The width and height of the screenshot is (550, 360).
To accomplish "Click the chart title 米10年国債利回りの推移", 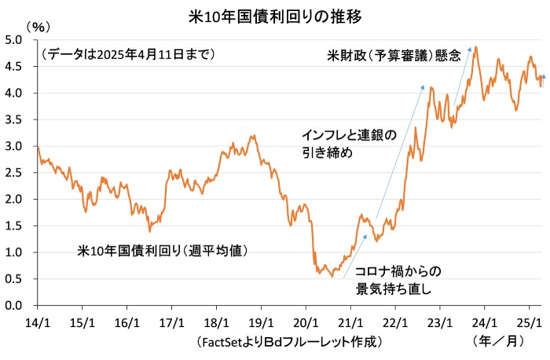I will (x=275, y=15).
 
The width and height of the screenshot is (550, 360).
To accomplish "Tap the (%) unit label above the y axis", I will (x=37, y=27).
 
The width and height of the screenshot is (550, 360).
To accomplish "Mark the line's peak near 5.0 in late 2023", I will (x=476, y=47).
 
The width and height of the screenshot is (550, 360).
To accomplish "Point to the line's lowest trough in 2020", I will (x=332, y=276).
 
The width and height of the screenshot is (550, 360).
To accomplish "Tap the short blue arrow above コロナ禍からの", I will (x=356, y=243).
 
